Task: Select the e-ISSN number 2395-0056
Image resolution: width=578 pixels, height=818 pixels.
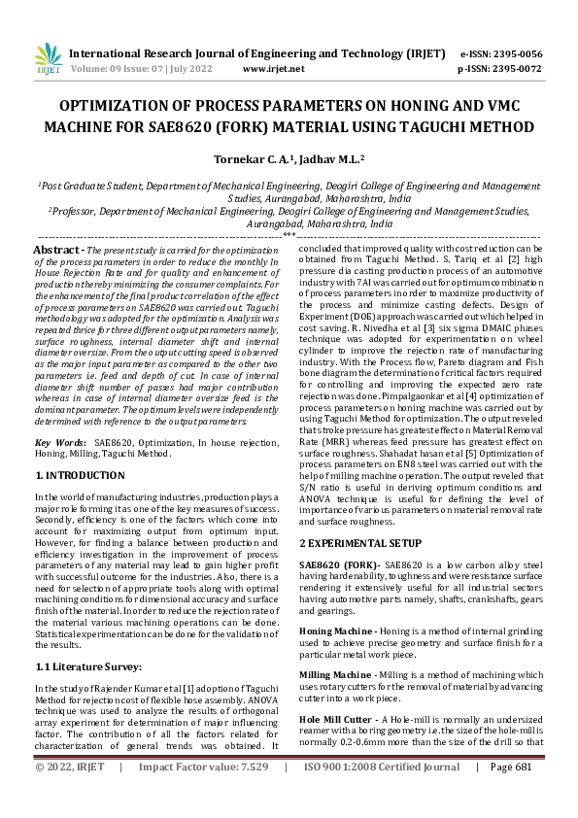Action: pyautogui.click(x=514, y=54)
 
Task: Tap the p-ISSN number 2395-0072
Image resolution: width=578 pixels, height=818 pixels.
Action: pyautogui.click(x=514, y=69)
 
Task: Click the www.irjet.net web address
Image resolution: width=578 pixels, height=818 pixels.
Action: pyautogui.click(x=273, y=69)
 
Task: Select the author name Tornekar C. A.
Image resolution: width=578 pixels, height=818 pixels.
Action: pyautogui.click(x=246, y=157)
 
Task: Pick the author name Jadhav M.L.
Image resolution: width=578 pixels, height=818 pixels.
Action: pyautogui.click(x=328, y=157)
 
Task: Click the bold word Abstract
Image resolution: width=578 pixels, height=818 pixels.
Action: pyautogui.click(x=58, y=250)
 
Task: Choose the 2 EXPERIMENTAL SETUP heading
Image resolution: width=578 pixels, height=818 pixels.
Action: pyautogui.click(x=359, y=541)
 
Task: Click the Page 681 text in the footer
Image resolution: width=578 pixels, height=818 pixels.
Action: pyautogui.click(x=511, y=794)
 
